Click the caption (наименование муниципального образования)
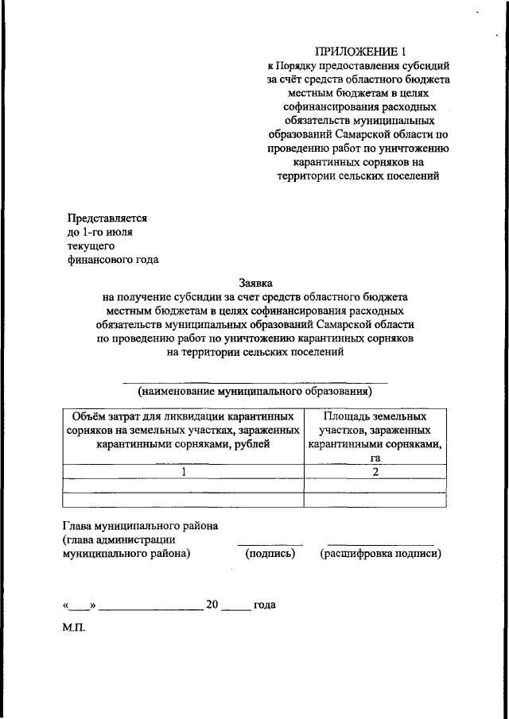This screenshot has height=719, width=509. click(x=254, y=391)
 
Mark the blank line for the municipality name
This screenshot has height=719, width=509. click(x=254, y=382)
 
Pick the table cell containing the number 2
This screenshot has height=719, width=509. click(x=374, y=472)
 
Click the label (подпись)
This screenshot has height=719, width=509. click(x=270, y=554)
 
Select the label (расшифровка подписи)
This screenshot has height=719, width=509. click(x=380, y=554)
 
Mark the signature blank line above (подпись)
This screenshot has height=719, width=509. click(x=270, y=544)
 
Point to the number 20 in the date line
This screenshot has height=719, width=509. click(x=212, y=605)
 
